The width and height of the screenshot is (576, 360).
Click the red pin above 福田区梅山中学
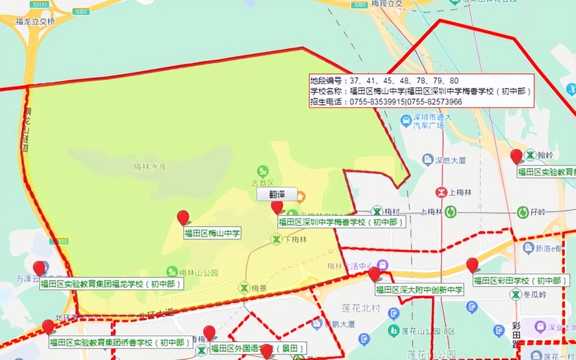point(183,217)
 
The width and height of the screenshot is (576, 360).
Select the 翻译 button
point(277,194)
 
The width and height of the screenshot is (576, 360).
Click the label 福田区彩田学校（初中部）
point(521,280)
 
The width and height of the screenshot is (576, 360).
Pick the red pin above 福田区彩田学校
point(472,264)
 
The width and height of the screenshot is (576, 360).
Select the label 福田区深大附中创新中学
point(419,289)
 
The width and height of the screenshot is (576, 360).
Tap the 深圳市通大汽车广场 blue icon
point(406,120)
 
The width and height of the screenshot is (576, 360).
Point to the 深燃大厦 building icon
point(427,160)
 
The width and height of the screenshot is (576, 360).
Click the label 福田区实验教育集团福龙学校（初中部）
point(111,284)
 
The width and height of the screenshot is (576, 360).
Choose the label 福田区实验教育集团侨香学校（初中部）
point(121,342)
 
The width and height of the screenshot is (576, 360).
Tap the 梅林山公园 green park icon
point(172,271)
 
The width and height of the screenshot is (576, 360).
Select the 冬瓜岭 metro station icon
point(516,295)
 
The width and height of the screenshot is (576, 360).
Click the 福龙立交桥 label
point(35,21)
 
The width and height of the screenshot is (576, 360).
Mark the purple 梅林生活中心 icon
point(383,265)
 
